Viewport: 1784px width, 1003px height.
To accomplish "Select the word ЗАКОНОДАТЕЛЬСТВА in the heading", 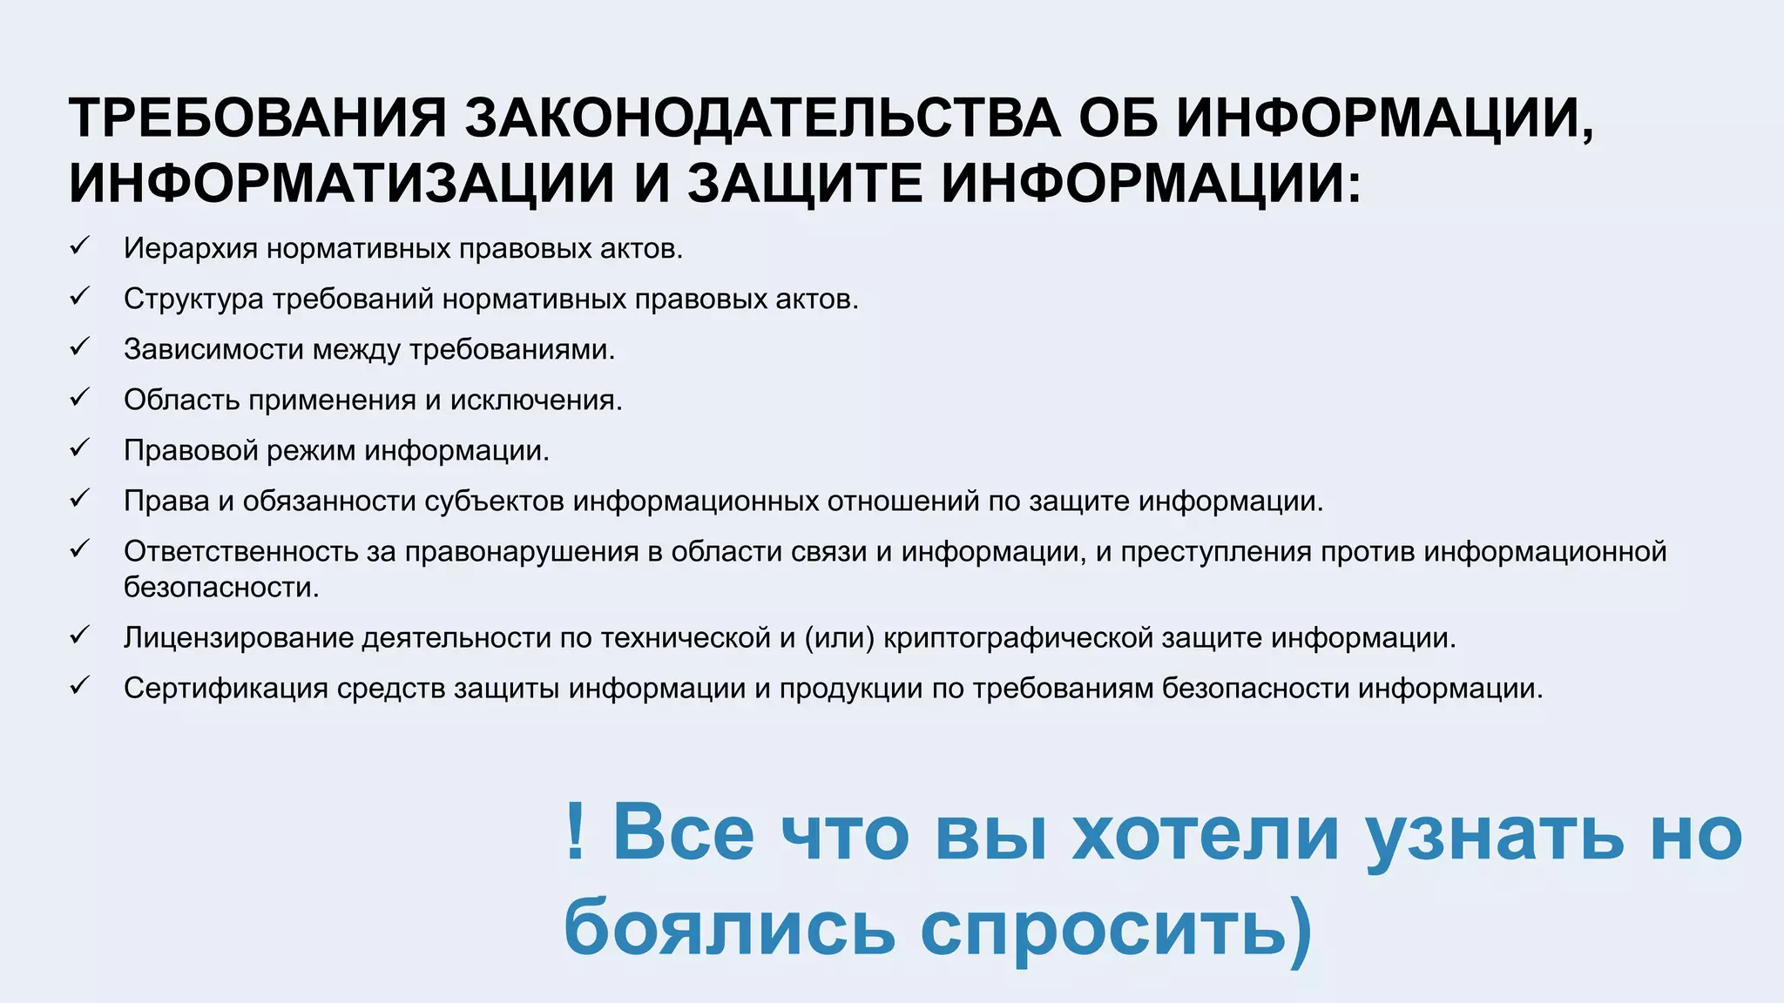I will click(763, 118).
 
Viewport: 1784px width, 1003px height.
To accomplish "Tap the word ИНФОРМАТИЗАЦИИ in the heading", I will click(341, 184).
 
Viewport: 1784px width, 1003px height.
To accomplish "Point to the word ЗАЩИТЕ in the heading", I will click(805, 184).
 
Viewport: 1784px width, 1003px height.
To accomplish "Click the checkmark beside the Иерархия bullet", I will click(80, 246).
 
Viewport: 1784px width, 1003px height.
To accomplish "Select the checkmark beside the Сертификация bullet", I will click(80, 686).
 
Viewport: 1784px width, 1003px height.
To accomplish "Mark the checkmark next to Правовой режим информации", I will click(80, 448).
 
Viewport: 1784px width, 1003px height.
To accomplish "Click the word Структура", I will click(193, 300).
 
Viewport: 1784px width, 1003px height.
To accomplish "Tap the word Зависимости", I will click(213, 350).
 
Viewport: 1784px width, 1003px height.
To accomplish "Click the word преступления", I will click(1215, 552).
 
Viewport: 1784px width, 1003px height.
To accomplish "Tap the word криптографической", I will click(1017, 638).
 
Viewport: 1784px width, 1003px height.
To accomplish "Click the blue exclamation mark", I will click(574, 831).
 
